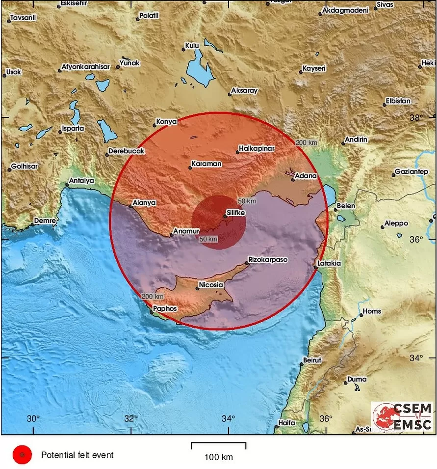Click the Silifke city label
(x=236, y=213)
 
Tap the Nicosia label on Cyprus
(x=211, y=285)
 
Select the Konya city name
(x=165, y=121)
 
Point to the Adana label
(x=305, y=176)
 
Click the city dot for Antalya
(x=67, y=185)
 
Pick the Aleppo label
(x=396, y=223)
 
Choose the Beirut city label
(x=312, y=360)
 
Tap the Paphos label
(x=165, y=309)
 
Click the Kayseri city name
(x=314, y=68)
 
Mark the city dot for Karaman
(x=190, y=168)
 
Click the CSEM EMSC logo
(x=402, y=416)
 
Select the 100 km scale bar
(x=218, y=446)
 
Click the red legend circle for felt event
(x=22, y=455)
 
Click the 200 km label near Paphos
(x=152, y=297)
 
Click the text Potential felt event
(x=77, y=455)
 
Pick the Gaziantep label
(x=412, y=171)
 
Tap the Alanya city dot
(x=130, y=207)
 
